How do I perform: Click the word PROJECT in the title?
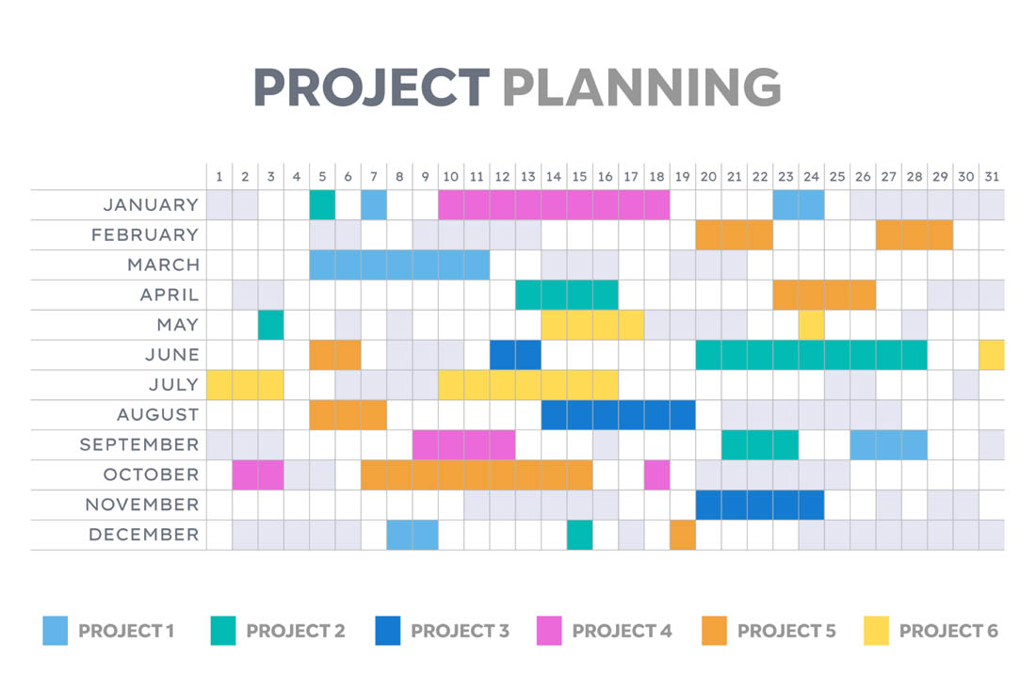(x=371, y=88)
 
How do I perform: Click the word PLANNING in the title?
(x=641, y=88)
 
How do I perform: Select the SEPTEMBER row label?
(x=139, y=444)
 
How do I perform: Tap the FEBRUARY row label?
(x=145, y=234)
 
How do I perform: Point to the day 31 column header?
(x=992, y=176)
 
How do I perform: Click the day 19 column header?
(x=683, y=176)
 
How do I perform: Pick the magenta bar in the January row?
(x=554, y=204)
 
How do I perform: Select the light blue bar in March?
(x=399, y=265)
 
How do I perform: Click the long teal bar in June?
(x=811, y=355)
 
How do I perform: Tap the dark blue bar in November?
(x=760, y=505)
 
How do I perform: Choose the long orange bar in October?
(x=477, y=474)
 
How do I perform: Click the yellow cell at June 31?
(x=992, y=355)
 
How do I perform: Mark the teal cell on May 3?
(x=271, y=325)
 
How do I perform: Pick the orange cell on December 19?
(x=683, y=535)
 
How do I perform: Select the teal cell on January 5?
(x=322, y=204)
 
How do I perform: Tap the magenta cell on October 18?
(x=657, y=474)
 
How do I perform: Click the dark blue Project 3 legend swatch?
(x=387, y=631)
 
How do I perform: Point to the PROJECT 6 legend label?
(x=948, y=631)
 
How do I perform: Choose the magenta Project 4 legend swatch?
(x=548, y=631)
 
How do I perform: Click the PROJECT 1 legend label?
(x=126, y=631)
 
